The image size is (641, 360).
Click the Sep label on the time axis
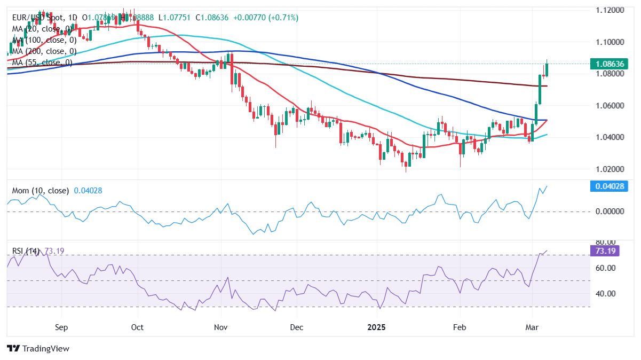pos(62,326)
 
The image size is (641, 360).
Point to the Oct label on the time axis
pos(137,326)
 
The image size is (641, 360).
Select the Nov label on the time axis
pos(220,326)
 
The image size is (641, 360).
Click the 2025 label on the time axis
pos(377,326)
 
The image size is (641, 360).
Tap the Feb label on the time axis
pos(460,326)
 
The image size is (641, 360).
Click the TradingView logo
pos(38,348)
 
